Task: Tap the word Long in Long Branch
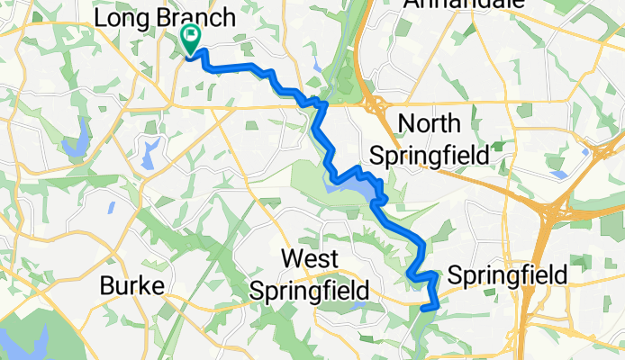[122, 18]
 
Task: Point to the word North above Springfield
[428, 123]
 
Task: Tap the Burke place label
[132, 286]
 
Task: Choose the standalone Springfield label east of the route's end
[508, 274]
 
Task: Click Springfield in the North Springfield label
[430, 155]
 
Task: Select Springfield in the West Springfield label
[309, 292]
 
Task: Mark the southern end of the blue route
[423, 309]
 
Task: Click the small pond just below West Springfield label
[359, 306]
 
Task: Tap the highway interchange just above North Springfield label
[376, 102]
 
